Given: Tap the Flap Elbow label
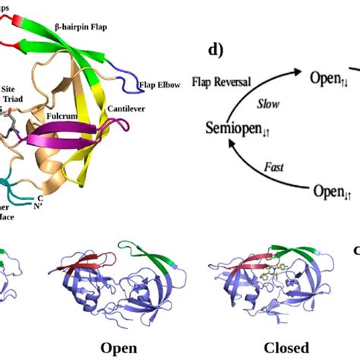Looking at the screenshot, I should point(157,85).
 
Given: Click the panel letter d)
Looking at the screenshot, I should point(216,52).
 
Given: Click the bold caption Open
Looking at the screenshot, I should point(122,348).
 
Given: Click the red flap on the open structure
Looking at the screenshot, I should point(91,261).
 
